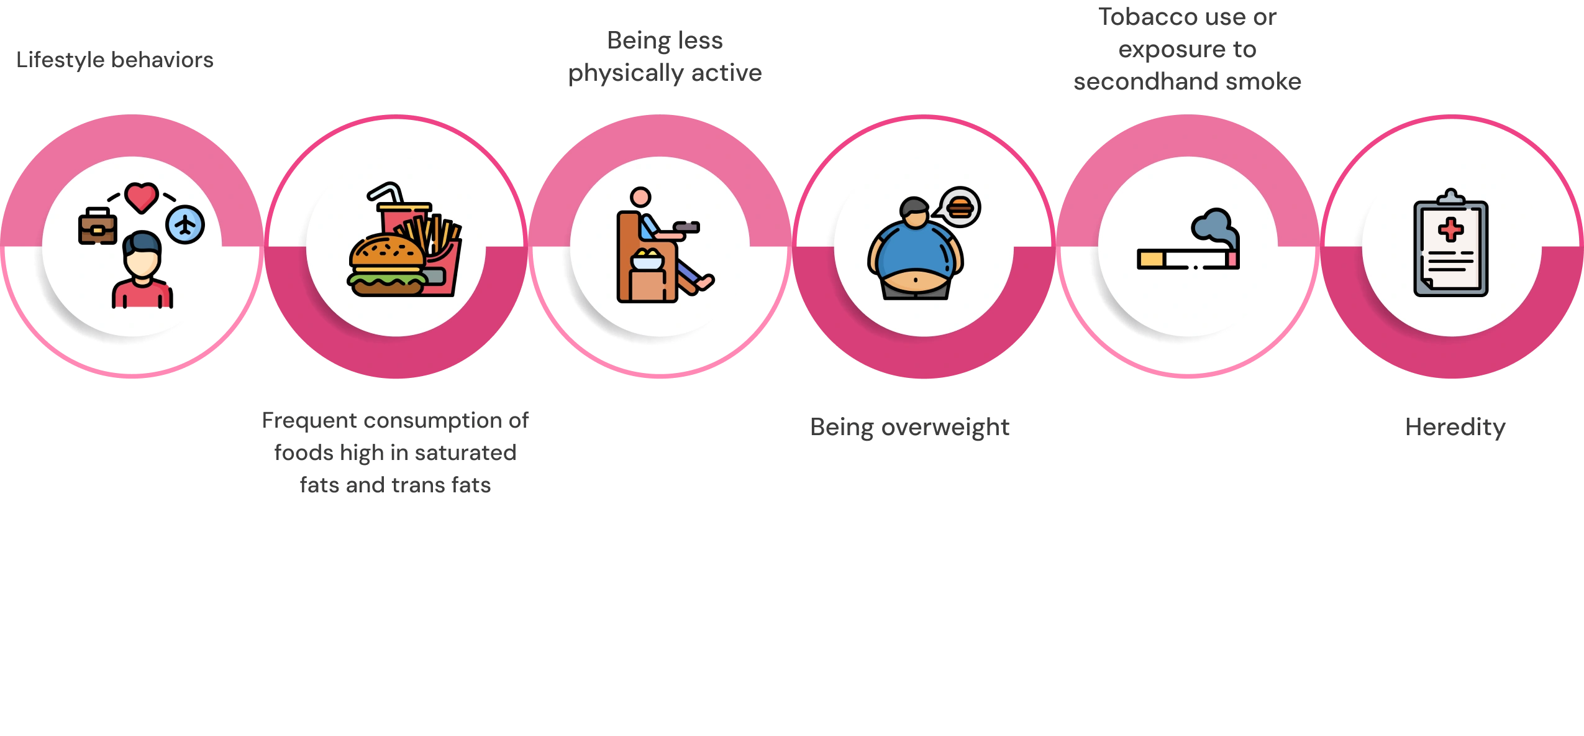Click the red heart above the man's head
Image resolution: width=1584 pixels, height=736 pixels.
142,198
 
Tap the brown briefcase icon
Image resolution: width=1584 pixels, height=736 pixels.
98,226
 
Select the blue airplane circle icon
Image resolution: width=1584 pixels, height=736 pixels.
185,224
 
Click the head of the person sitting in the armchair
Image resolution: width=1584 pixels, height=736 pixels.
640,197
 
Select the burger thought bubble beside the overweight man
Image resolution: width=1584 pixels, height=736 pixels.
959,207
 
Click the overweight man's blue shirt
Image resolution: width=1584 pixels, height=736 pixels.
914,248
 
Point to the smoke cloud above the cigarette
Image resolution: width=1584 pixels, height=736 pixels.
1214,227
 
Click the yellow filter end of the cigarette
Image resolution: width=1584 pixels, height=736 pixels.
1151,259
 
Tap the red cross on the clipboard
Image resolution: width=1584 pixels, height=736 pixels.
1451,229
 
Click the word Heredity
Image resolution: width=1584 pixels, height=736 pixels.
1455,427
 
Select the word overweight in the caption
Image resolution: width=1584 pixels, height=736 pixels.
945,428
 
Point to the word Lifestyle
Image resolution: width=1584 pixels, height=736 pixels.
61,60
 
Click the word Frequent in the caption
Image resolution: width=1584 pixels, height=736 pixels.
310,421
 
